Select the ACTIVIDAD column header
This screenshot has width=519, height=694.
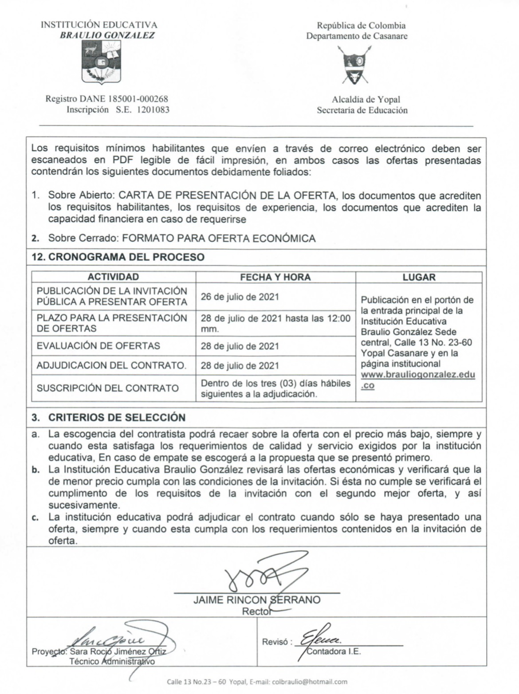[113, 277]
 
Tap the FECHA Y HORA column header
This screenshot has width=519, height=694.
[275, 277]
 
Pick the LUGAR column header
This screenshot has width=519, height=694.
[419, 277]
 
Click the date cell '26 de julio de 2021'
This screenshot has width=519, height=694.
[240, 297]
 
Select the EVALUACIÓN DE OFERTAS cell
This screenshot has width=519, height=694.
[98, 346]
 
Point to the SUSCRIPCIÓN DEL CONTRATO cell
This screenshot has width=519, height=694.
[107, 388]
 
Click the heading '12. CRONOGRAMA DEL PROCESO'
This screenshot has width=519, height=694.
[118, 257]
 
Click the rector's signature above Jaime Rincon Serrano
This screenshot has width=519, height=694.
[257, 575]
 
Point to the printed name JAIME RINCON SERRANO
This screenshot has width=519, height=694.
[257, 600]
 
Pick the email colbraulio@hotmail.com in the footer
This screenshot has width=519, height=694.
[310, 682]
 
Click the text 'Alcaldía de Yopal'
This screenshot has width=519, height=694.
[366, 100]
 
